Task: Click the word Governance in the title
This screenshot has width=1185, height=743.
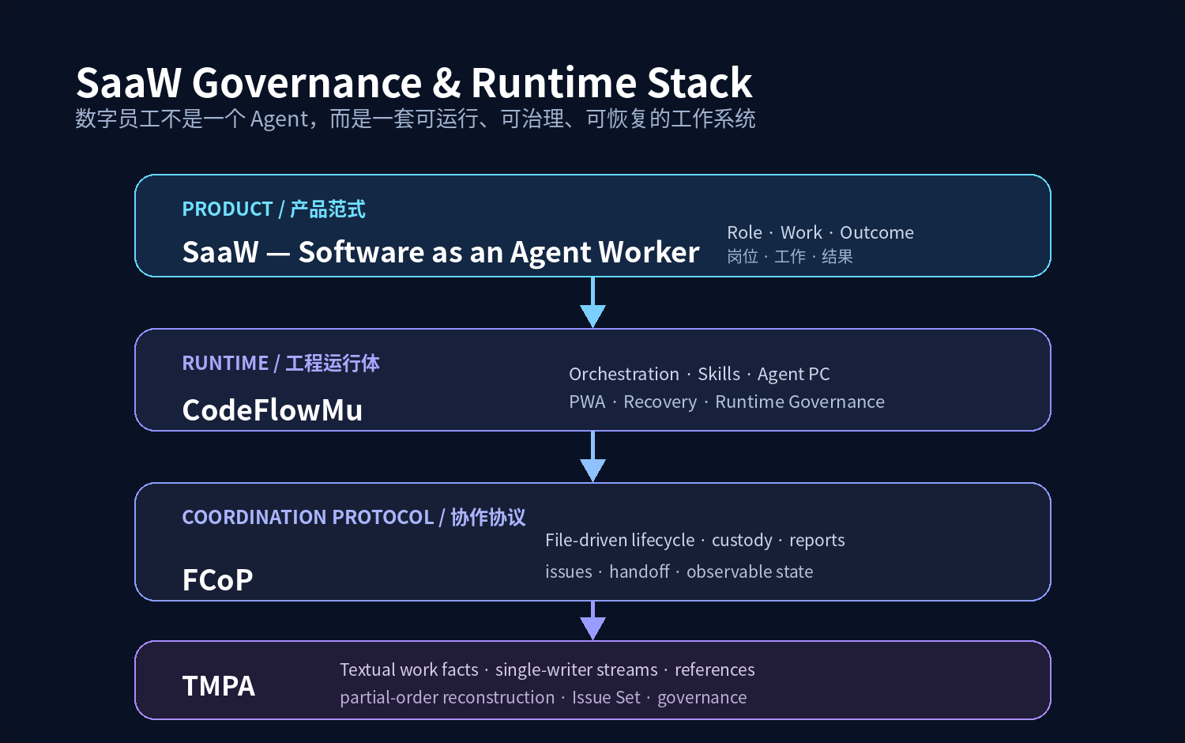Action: [x=307, y=83]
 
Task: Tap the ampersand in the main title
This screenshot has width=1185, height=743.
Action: [x=446, y=83]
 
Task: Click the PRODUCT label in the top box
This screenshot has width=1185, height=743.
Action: [x=228, y=209]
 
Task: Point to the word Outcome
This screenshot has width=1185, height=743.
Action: [x=877, y=233]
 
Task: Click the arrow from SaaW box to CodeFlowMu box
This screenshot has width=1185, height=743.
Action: [x=592, y=302]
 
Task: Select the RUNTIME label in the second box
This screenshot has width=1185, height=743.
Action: [x=225, y=363]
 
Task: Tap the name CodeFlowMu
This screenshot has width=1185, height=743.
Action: [x=273, y=410]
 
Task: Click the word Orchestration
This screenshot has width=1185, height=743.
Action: [x=624, y=374]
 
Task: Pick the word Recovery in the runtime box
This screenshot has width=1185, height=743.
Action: [x=660, y=402]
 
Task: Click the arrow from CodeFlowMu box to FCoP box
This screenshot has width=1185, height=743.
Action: [x=592, y=457]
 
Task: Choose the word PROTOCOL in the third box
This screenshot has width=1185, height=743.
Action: [x=383, y=517]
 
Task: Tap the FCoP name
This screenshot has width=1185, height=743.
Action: [x=217, y=580]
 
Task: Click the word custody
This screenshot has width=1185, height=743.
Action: [x=742, y=541]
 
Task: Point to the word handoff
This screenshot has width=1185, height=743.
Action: [x=639, y=571]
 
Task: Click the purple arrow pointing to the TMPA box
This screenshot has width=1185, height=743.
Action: [x=592, y=620]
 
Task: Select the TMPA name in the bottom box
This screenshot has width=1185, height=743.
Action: [x=219, y=686]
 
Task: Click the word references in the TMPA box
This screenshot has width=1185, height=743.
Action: [x=715, y=670]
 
